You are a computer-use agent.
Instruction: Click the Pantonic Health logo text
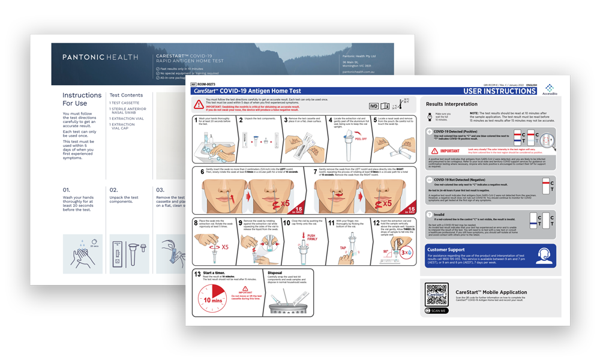coord(100,58)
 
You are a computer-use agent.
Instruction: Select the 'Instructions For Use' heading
coord(82,99)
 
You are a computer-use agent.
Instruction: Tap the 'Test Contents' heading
coord(126,95)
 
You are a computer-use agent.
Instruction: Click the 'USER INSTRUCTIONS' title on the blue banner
coord(499,92)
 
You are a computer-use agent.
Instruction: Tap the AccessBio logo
coord(550,88)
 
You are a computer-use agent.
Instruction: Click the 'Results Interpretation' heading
coord(451,104)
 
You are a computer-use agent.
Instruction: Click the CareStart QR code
coord(436,294)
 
